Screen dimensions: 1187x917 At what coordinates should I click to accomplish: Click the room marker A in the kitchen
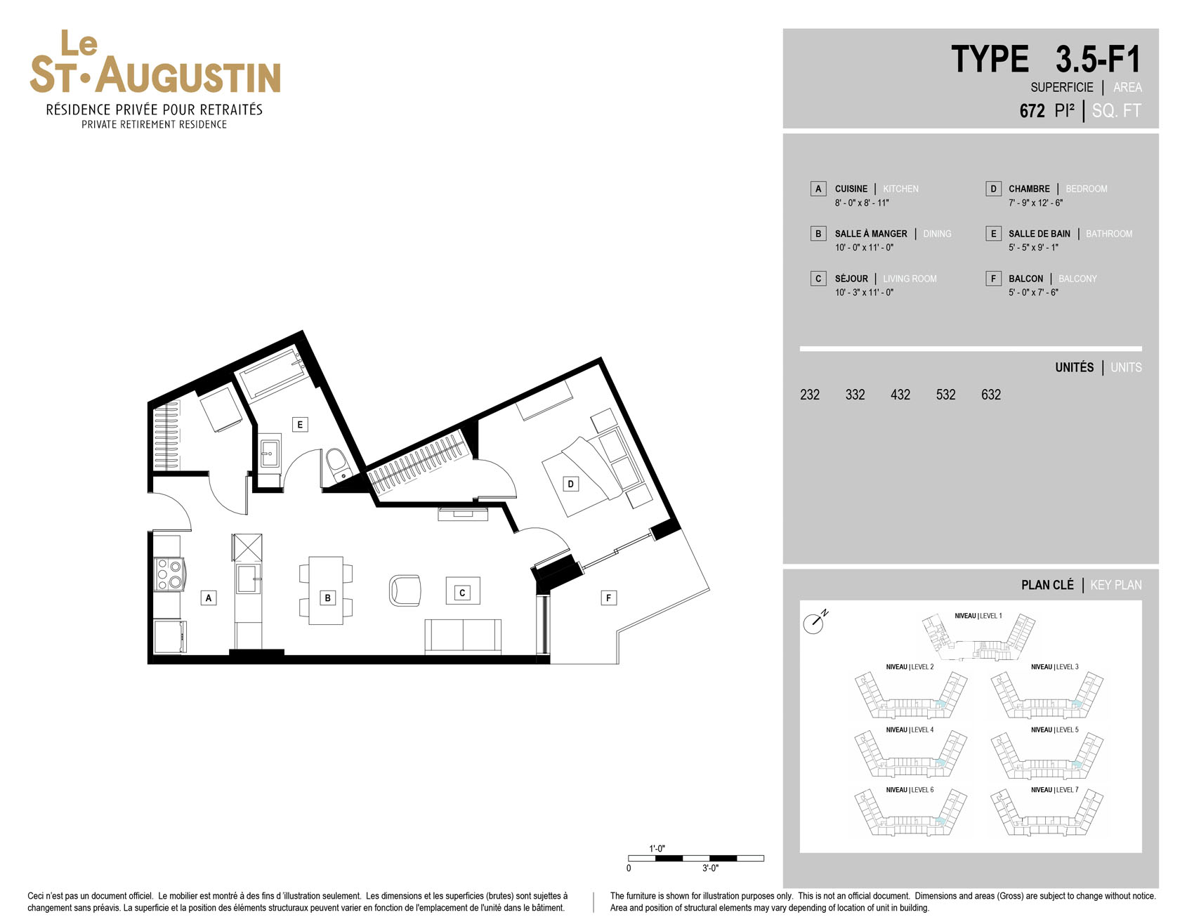pos(208,598)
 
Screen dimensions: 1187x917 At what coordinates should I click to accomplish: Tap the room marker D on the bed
pos(570,484)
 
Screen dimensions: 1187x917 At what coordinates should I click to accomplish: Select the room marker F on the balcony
pos(608,598)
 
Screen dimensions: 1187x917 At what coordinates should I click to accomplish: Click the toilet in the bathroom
pos(338,464)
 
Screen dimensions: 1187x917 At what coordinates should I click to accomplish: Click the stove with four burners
pos(169,574)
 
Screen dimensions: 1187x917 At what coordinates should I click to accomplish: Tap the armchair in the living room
pos(405,591)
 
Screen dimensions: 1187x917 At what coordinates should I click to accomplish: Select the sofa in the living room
pos(463,637)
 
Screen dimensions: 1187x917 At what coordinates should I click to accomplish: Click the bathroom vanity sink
pos(270,454)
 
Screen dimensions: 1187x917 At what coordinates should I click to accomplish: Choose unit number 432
pos(900,395)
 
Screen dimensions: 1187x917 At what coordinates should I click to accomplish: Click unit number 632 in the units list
pos(991,395)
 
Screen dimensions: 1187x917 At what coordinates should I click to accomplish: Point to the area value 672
pos(1032,111)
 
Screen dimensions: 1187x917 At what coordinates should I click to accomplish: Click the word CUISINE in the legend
pos(851,189)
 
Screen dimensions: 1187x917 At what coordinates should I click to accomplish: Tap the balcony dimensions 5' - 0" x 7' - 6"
pos(1033,292)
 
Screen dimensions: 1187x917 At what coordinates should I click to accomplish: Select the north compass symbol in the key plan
pos(815,621)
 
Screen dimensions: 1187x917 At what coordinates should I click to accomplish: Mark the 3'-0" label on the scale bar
pos(710,869)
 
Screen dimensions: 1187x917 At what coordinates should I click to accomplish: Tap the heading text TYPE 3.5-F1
pos(1046,59)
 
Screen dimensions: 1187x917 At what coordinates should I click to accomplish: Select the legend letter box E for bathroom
pos(993,234)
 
